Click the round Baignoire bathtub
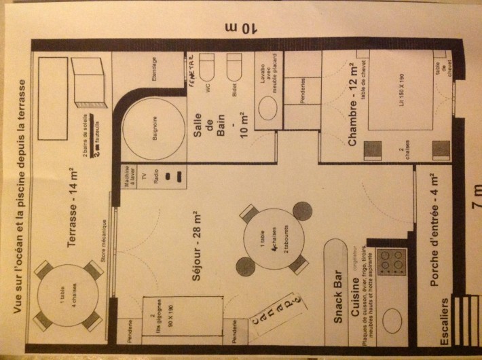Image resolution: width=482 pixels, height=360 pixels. pos(150,130)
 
